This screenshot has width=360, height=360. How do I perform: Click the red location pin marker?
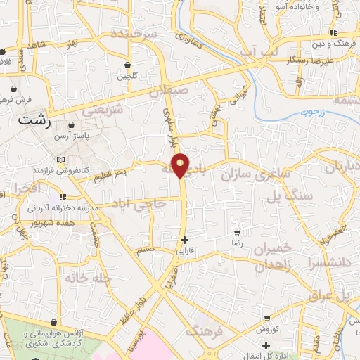point(181,165)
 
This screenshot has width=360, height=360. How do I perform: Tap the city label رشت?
point(35,121)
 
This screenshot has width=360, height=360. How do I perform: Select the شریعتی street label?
point(103,110)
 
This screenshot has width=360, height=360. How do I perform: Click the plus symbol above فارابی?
point(184,240)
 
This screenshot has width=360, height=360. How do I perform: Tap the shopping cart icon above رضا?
point(238,231)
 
